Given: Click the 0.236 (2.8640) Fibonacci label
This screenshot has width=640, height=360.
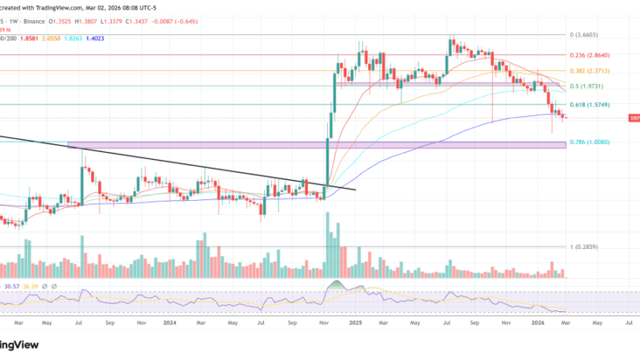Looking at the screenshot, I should coord(590,55).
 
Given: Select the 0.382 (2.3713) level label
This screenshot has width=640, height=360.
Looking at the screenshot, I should coord(590,70).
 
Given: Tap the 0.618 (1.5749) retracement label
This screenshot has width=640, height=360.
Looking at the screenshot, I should coord(590,105).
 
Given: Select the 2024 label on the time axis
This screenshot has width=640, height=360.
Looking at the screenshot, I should coord(170,323).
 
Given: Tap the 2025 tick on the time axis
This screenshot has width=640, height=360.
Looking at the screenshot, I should coord(356,323).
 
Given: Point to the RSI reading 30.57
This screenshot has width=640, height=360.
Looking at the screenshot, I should coord(11,286).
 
